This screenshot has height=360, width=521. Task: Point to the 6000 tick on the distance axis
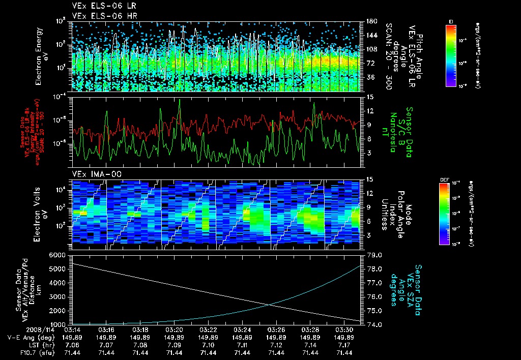click(59, 255)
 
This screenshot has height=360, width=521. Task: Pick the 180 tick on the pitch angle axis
click(370, 21)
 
